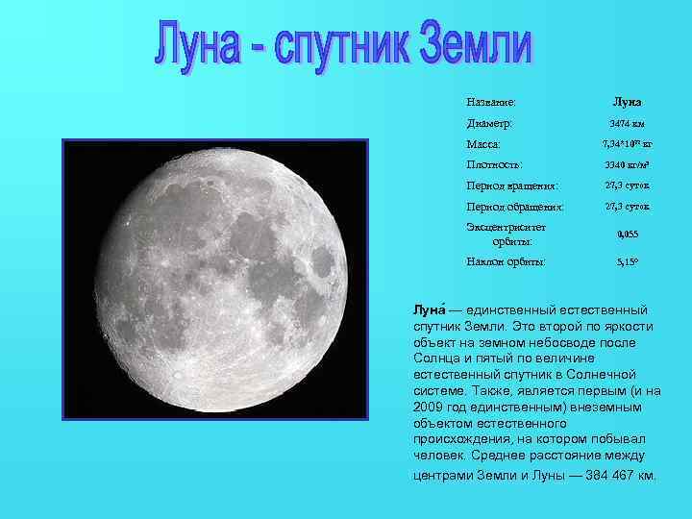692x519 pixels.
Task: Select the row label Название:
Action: tap(491, 101)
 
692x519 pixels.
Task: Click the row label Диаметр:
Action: tap(489, 123)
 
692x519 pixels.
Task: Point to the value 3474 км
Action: tap(627, 123)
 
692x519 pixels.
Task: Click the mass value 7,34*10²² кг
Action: tap(627, 144)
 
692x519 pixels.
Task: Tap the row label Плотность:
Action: tap(495, 165)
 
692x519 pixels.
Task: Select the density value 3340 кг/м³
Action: tap(627, 165)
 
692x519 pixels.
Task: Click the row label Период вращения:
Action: tap(512, 185)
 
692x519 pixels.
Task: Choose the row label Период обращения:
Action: tap(514, 207)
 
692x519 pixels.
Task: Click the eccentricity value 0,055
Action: tap(627, 234)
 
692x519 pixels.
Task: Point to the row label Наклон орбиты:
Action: tap(507, 260)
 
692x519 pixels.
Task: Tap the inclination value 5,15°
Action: tap(627, 260)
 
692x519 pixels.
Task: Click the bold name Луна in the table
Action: tap(627, 101)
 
